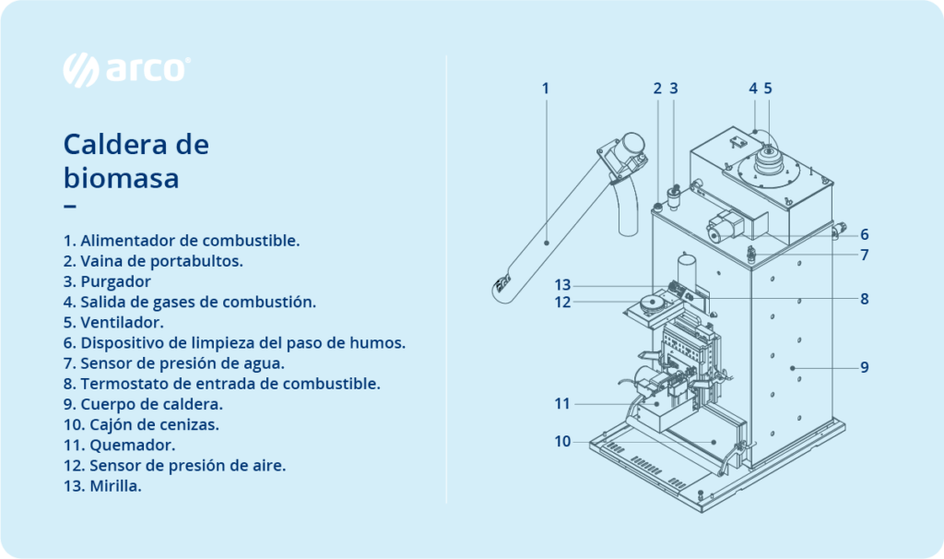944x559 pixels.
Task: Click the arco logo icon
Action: click(x=81, y=70)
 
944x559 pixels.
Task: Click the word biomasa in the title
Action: click(x=121, y=178)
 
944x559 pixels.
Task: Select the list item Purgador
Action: click(x=107, y=281)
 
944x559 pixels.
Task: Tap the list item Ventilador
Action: click(x=113, y=322)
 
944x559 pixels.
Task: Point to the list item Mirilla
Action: click(x=102, y=485)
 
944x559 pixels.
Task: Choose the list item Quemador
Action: click(x=119, y=446)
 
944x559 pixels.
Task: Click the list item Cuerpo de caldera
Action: click(x=143, y=404)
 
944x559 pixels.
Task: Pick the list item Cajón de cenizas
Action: click(x=141, y=424)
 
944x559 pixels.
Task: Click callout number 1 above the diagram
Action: click(x=546, y=89)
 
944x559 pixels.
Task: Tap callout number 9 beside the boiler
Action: click(x=865, y=367)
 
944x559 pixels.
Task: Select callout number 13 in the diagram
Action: click(x=562, y=285)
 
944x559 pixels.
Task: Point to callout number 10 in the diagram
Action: click(x=562, y=442)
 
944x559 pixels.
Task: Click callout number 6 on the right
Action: click(x=865, y=234)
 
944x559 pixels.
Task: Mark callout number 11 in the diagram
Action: click(x=562, y=404)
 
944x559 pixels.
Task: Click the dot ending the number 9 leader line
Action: click(x=793, y=367)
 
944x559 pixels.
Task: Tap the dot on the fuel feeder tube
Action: click(x=547, y=243)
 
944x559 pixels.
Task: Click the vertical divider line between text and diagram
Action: click(x=446, y=279)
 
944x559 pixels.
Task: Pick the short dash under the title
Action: click(x=70, y=207)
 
